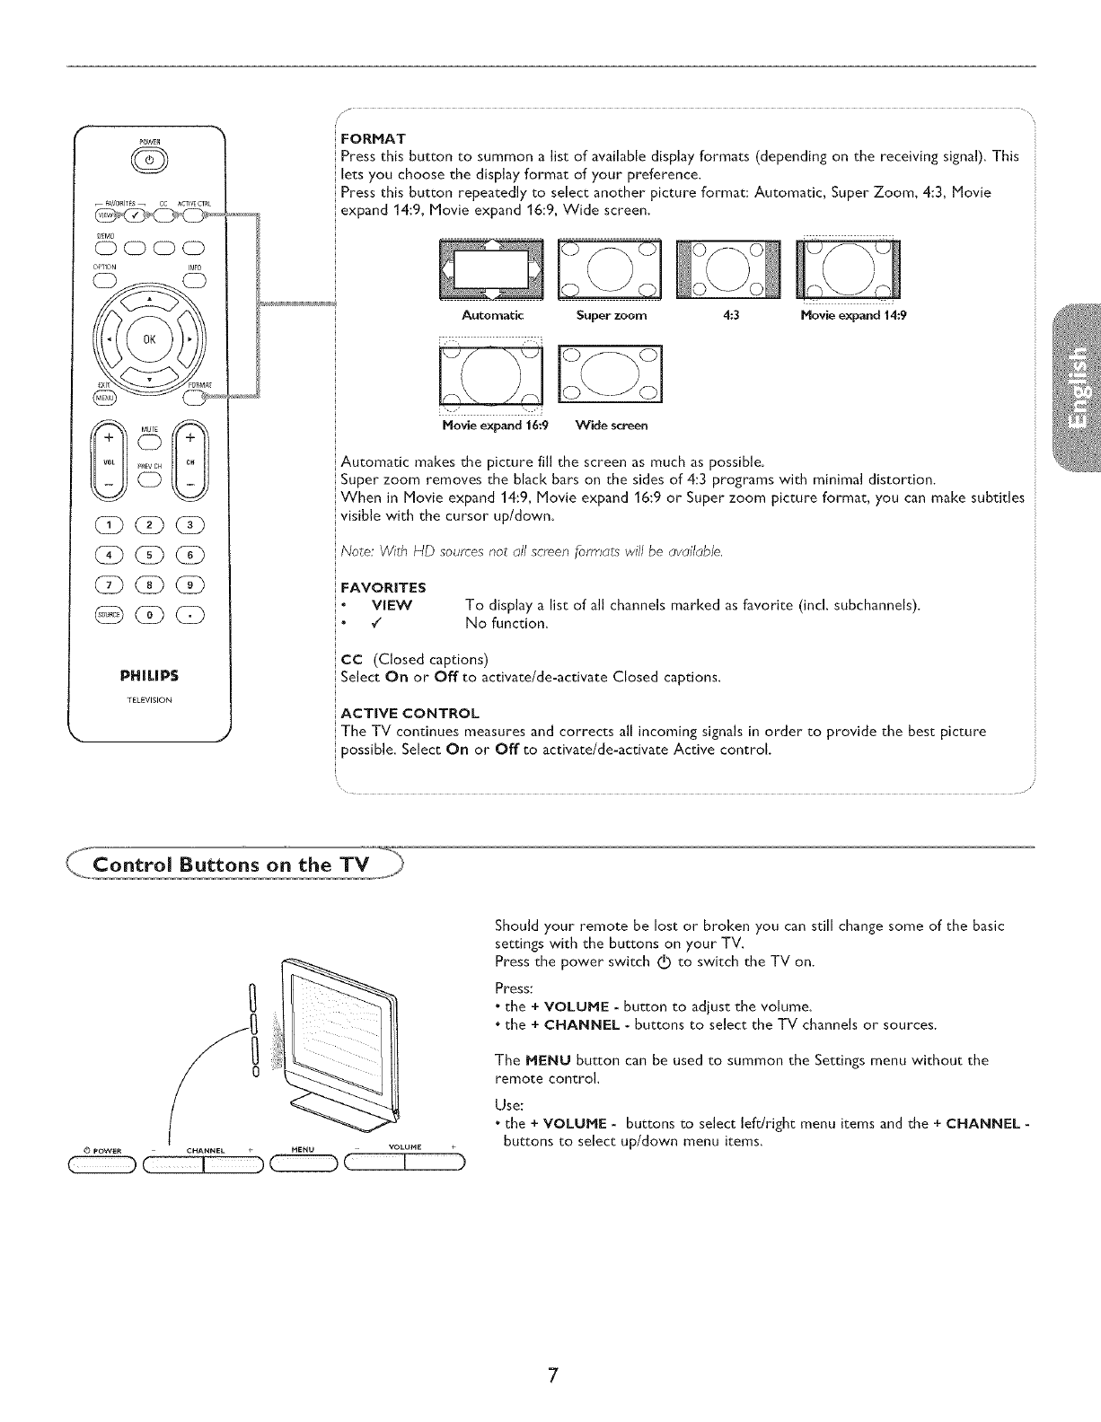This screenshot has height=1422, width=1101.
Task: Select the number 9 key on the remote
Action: click(x=190, y=584)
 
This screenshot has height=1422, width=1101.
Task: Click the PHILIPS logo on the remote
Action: click(x=149, y=675)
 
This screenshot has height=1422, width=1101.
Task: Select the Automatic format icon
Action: click(x=491, y=270)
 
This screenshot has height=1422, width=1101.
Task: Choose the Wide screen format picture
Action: click(x=610, y=373)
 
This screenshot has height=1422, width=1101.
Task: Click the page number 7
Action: click(x=554, y=1376)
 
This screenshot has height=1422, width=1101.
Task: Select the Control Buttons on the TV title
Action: click(x=232, y=865)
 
